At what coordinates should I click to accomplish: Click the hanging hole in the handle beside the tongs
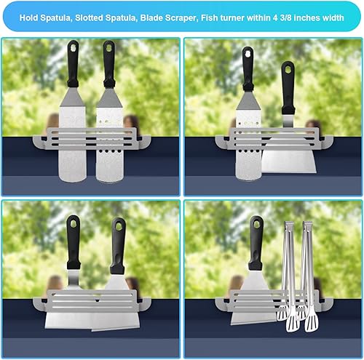click(x=256, y=223)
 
